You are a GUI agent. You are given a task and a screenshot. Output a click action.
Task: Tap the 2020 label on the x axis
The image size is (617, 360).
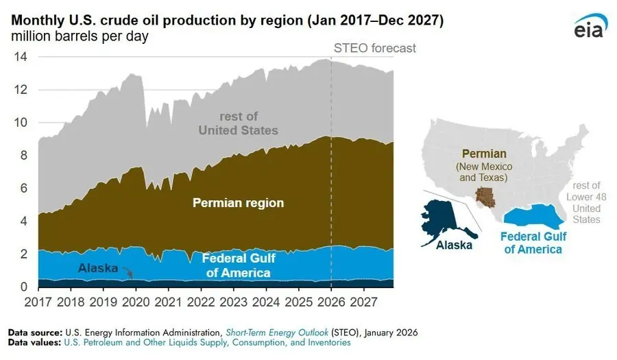135,302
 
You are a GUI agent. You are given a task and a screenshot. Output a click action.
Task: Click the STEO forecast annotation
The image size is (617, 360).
374,49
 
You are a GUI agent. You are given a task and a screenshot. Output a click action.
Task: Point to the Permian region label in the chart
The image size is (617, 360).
238,203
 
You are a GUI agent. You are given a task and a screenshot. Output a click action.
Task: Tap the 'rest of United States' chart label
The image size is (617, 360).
238,123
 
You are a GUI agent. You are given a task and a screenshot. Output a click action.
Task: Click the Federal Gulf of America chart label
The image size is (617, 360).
238,266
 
